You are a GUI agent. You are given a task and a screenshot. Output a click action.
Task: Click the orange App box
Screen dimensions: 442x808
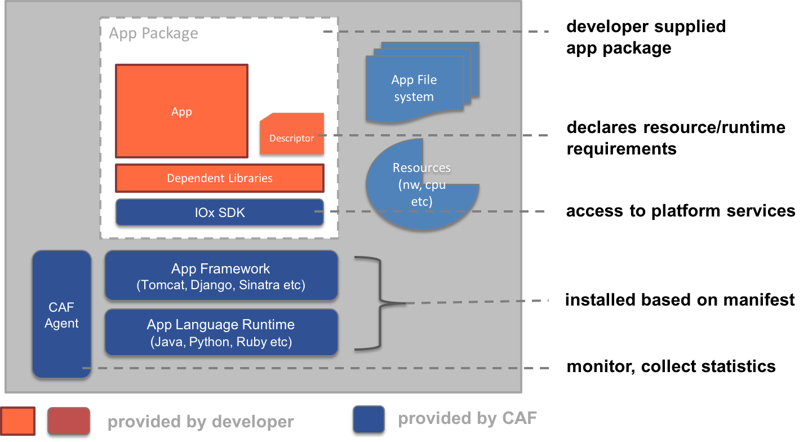[x=181, y=111]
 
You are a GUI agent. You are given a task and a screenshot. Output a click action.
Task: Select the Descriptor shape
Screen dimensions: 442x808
[x=292, y=135]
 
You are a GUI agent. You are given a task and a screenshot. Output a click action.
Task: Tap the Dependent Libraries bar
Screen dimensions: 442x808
[x=220, y=178]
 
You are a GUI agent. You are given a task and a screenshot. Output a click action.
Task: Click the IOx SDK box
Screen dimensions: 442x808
[x=220, y=213]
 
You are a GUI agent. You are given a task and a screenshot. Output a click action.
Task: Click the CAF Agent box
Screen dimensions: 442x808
[x=61, y=315]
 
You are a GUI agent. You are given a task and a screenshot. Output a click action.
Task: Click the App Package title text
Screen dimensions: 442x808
[x=153, y=33]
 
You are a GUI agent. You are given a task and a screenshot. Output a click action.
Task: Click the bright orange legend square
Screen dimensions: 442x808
[x=18, y=421]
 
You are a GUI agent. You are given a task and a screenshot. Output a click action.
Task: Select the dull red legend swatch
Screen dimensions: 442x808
[x=69, y=421]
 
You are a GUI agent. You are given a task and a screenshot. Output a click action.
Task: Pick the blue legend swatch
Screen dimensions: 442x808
[x=369, y=419]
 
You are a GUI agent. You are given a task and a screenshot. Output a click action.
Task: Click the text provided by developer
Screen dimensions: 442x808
[x=201, y=422]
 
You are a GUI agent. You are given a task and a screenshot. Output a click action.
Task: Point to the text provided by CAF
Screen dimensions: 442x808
[x=467, y=418]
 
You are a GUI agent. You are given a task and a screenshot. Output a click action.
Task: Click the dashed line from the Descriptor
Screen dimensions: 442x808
[x=434, y=135]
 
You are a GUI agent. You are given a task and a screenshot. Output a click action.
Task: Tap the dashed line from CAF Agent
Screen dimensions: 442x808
[x=316, y=368]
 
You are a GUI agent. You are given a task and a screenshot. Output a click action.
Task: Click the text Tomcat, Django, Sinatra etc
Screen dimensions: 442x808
[x=221, y=285]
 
